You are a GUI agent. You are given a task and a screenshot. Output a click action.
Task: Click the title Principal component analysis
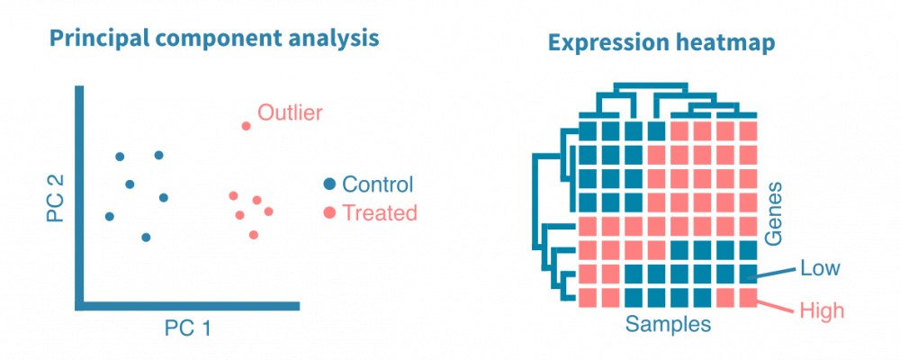pyautogui.click(x=213, y=40)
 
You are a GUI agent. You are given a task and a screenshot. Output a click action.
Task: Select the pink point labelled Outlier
pyautogui.click(x=246, y=125)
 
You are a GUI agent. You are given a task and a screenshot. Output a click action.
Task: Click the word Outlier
pyautogui.click(x=290, y=113)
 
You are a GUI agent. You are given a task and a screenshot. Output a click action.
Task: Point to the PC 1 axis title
pyautogui.click(x=187, y=328)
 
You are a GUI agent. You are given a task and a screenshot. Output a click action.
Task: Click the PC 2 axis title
pyautogui.click(x=56, y=198)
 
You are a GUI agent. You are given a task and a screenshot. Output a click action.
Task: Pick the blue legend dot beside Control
pyautogui.click(x=329, y=184)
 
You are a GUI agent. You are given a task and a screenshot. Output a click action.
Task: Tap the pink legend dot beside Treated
pyautogui.click(x=329, y=213)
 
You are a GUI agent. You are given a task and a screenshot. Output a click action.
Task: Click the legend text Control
pyautogui.click(x=378, y=184)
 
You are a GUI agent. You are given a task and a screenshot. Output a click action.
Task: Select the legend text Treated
pyautogui.click(x=380, y=213)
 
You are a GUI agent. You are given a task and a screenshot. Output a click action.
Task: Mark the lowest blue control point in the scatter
pyautogui.click(x=146, y=237)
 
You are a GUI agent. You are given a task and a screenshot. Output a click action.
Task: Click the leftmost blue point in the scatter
pyautogui.click(x=110, y=216)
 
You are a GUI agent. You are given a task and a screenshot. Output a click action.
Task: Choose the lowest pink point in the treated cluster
pyautogui.click(x=254, y=234)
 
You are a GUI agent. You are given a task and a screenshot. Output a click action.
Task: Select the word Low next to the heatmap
pyautogui.click(x=820, y=267)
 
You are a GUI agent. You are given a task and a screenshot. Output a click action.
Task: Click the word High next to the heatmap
pyautogui.click(x=821, y=311)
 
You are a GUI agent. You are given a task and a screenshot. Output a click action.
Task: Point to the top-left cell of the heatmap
pyautogui.click(x=587, y=132)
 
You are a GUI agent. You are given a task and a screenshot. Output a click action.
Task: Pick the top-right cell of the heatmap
pyautogui.click(x=750, y=132)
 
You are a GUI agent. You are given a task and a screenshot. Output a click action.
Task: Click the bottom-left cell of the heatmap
pyautogui.click(x=587, y=296)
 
